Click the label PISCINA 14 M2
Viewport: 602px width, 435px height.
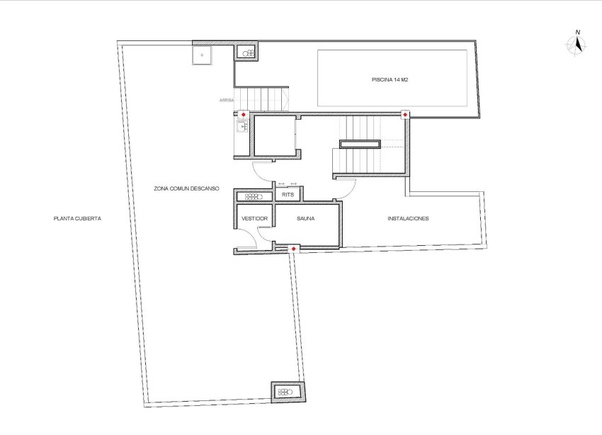click(x=391, y=80)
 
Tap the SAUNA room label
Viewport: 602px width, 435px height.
click(x=306, y=219)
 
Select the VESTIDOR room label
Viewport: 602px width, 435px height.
click(x=255, y=219)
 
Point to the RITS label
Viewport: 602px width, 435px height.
click(x=288, y=194)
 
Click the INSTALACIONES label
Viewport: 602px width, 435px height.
click(x=408, y=218)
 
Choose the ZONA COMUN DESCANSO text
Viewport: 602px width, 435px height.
click(x=186, y=188)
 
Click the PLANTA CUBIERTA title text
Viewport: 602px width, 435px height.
click(x=77, y=219)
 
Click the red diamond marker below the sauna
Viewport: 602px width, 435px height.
click(x=294, y=248)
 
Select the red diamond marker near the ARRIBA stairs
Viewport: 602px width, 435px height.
click(x=244, y=114)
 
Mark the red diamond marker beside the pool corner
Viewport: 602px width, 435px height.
click(x=405, y=114)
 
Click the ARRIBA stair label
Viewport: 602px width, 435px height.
click(x=227, y=101)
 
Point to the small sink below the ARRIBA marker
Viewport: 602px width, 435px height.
click(x=242, y=128)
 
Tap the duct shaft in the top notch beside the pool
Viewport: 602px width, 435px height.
click(x=249, y=53)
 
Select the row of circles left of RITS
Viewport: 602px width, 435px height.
click(x=254, y=197)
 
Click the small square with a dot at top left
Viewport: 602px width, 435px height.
click(x=202, y=55)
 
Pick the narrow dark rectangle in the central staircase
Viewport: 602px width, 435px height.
click(x=360, y=145)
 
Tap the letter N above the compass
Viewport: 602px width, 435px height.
click(x=578, y=33)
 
